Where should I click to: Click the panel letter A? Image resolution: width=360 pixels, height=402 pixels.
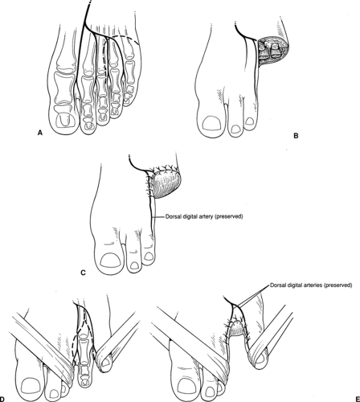[x=40, y=133]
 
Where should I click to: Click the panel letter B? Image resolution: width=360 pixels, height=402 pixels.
[x=296, y=136]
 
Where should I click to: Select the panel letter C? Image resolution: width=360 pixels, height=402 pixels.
[x=83, y=273]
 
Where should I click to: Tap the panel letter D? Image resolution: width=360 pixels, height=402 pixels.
[x=2, y=399]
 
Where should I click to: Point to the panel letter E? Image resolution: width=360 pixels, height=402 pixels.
[x=358, y=399]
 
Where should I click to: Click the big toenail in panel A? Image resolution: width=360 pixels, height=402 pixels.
[x=64, y=120]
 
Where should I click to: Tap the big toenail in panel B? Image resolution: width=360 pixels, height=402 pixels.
[x=211, y=124]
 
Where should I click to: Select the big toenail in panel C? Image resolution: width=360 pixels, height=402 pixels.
[x=110, y=260]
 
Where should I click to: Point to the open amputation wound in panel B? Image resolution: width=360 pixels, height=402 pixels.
[x=273, y=51]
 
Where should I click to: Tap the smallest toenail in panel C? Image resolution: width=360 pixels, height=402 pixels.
[x=148, y=256]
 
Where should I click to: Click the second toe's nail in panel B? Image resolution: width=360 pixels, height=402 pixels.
[x=236, y=129]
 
